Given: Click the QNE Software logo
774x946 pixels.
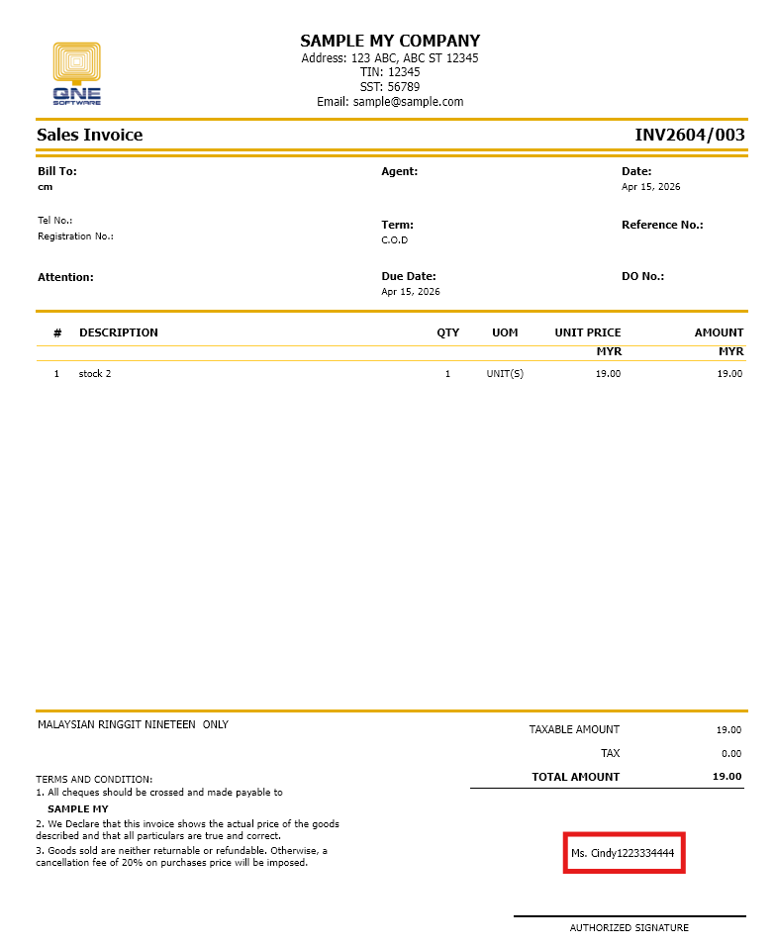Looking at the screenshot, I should click(76, 72).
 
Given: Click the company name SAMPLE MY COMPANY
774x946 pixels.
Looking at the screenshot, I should click(390, 41).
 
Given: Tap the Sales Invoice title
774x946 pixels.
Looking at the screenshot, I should click(90, 135).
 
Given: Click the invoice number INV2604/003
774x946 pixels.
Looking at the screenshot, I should click(689, 135).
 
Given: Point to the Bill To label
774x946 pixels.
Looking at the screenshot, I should click(57, 171).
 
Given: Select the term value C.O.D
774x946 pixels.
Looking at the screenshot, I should click(395, 239).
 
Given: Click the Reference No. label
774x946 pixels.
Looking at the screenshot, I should click(662, 225).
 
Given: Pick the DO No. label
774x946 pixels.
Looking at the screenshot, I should click(642, 276).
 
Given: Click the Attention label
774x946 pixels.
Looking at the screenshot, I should click(65, 277).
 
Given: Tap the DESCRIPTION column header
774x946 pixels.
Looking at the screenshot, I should click(119, 332).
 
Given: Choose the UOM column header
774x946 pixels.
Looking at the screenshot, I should click(505, 332).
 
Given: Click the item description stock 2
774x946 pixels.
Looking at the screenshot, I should click(95, 373).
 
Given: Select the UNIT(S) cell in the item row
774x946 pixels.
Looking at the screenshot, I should click(505, 373).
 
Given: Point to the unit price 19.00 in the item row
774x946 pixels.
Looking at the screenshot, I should click(608, 373).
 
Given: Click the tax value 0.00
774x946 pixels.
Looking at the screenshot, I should click(729, 753).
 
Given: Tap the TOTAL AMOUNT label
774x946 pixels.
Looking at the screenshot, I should click(575, 777).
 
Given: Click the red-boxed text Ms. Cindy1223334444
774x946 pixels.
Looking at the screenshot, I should click(624, 852).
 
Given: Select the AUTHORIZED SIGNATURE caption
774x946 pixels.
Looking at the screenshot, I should click(629, 928).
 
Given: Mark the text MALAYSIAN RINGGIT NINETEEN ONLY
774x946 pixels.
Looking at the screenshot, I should click(133, 724).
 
